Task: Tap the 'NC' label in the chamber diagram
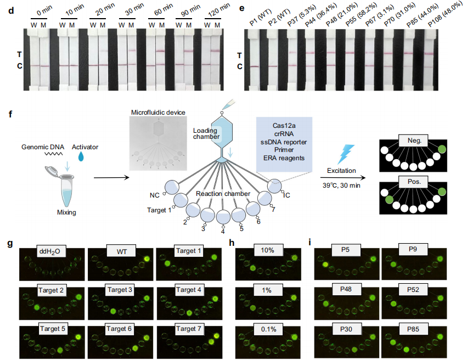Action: (154, 195)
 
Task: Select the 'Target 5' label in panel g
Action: (53, 329)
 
